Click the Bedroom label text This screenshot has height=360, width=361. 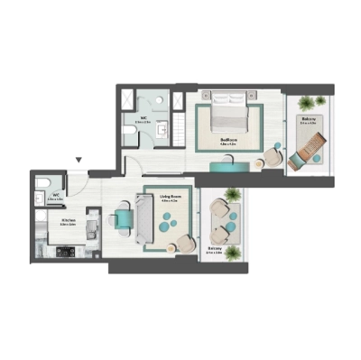[x=229, y=140]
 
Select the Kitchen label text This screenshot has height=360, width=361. [x=68, y=219]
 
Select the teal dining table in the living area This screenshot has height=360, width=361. [x=124, y=218]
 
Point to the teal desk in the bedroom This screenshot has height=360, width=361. [x=226, y=166]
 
